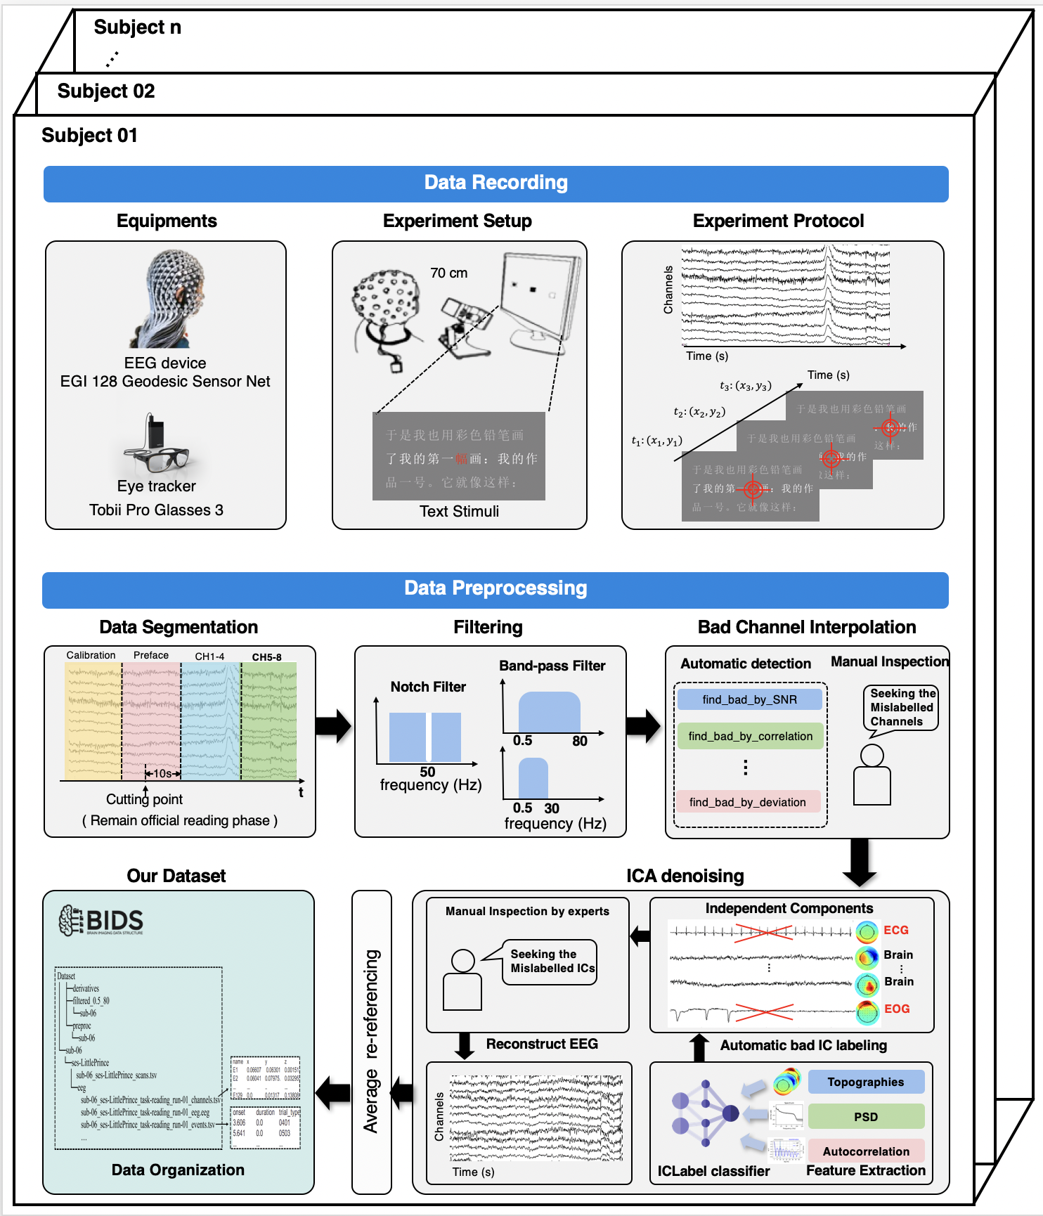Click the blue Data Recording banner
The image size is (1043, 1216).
coord(495,183)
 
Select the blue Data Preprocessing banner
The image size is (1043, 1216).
coord(495,589)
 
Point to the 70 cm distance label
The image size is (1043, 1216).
coord(448,273)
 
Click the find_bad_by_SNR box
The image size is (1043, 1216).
coord(749,699)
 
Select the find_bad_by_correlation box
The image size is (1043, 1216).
coord(750,736)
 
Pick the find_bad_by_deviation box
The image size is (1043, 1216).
coord(747,802)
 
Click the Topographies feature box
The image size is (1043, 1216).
coord(865,1082)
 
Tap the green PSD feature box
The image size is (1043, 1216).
coord(865,1117)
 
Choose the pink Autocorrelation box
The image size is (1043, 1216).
coord(865,1151)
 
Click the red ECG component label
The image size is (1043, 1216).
coord(896,930)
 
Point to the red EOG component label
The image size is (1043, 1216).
coord(897,1009)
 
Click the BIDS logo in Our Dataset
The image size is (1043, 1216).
coord(101,921)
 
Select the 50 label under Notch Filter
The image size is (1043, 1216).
coord(427,772)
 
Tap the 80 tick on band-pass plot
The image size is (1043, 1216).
coord(580,741)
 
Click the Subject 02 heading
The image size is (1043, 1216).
coord(106,91)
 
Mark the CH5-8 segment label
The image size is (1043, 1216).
coord(266,657)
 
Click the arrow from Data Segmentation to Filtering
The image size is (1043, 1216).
coord(333,726)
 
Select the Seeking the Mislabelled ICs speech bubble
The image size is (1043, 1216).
coord(552,962)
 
